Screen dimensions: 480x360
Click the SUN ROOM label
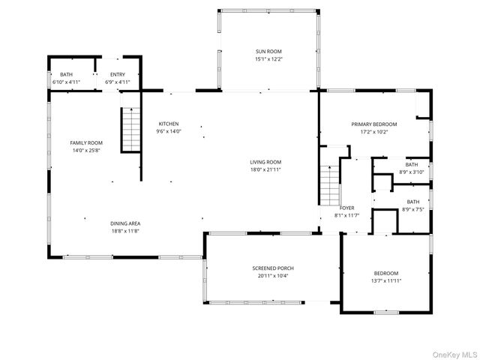tap(268, 52)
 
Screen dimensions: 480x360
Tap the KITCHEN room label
tap(168, 124)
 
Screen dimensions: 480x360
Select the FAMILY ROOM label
tap(86, 142)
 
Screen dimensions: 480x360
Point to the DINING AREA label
tap(125, 223)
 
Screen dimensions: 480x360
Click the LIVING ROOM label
tap(265, 162)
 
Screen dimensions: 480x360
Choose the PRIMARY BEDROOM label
tap(374, 124)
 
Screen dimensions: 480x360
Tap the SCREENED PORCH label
tap(273, 268)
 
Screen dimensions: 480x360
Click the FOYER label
tap(346, 208)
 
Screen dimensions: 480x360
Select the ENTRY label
tap(118, 74)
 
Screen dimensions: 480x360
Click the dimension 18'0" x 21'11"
tap(265, 169)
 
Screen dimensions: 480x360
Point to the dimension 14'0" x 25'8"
tap(86, 150)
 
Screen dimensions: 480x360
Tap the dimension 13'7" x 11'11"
tap(386, 280)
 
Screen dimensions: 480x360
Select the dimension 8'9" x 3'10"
tap(412, 172)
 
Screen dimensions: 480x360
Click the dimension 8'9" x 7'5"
tap(413, 210)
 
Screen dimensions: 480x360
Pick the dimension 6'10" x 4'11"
tap(66, 82)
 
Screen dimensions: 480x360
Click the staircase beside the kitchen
tap(131, 130)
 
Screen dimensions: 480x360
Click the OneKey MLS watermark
tap(454, 355)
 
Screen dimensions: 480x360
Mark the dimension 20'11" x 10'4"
tap(273, 276)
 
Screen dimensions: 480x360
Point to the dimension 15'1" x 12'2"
tap(268, 59)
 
